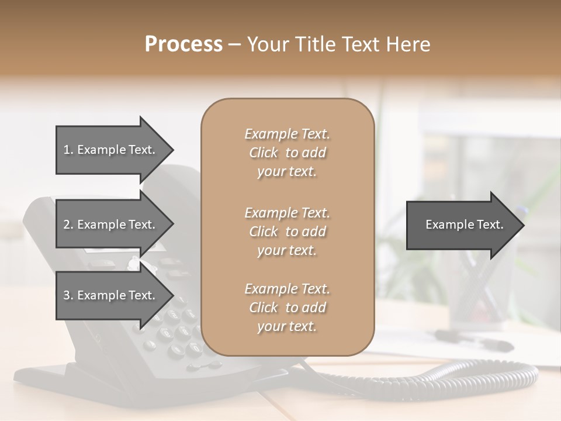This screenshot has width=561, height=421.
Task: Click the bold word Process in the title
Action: (x=183, y=44)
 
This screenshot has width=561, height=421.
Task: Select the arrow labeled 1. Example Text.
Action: (x=109, y=150)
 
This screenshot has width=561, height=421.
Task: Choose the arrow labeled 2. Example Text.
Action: (x=109, y=225)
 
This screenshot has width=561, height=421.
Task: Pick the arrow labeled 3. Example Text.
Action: (x=109, y=295)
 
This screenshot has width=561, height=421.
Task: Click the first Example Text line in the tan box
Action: (x=287, y=134)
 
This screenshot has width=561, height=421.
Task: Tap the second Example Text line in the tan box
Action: (x=287, y=212)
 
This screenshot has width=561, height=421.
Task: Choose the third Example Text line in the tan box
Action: (x=287, y=289)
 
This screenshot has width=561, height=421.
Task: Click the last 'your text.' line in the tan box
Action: (x=287, y=326)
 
